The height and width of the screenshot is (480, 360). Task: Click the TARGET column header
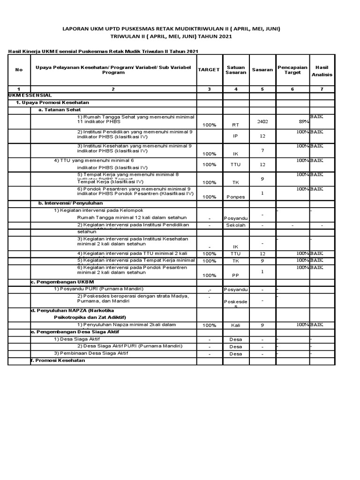209,69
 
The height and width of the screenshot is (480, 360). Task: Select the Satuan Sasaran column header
236,70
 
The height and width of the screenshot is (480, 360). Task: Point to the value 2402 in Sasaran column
262,121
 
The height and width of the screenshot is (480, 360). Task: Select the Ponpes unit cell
236,197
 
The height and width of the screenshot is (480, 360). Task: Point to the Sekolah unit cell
236,225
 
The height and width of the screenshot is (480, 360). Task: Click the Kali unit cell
236,325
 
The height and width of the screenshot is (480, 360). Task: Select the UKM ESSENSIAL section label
30,95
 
